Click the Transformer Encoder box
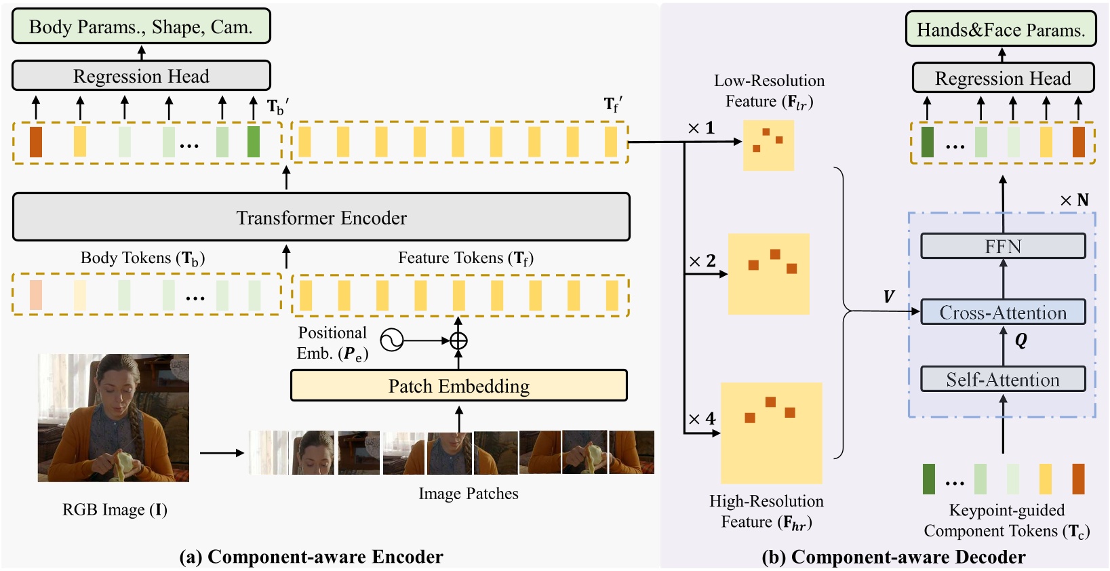point(321,217)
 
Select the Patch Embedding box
point(458,386)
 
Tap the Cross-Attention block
point(1002,313)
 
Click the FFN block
point(1002,246)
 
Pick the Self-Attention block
point(1002,379)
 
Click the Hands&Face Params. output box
point(1000,30)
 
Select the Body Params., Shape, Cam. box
point(141,27)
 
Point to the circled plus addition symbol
point(458,340)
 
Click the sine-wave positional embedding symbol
point(391,340)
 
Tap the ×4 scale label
point(702,419)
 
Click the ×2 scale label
point(702,261)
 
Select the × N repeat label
point(1074,200)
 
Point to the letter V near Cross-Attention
point(888,296)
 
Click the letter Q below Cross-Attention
point(1020,340)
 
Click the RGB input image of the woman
point(113,418)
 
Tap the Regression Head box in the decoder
point(1002,78)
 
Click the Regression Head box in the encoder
point(141,76)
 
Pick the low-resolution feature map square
point(768,145)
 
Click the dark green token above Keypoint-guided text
point(928,479)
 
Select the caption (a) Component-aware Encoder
point(311,557)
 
